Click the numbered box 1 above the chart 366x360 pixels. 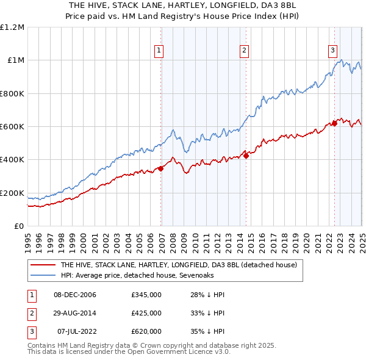159,51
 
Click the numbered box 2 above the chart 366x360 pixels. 244,51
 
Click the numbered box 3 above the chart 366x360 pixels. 333,51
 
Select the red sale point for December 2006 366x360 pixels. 161,168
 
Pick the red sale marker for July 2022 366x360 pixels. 335,123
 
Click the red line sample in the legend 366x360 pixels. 43,265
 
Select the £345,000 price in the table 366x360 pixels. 146,295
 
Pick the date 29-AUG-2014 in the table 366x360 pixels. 75,313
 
